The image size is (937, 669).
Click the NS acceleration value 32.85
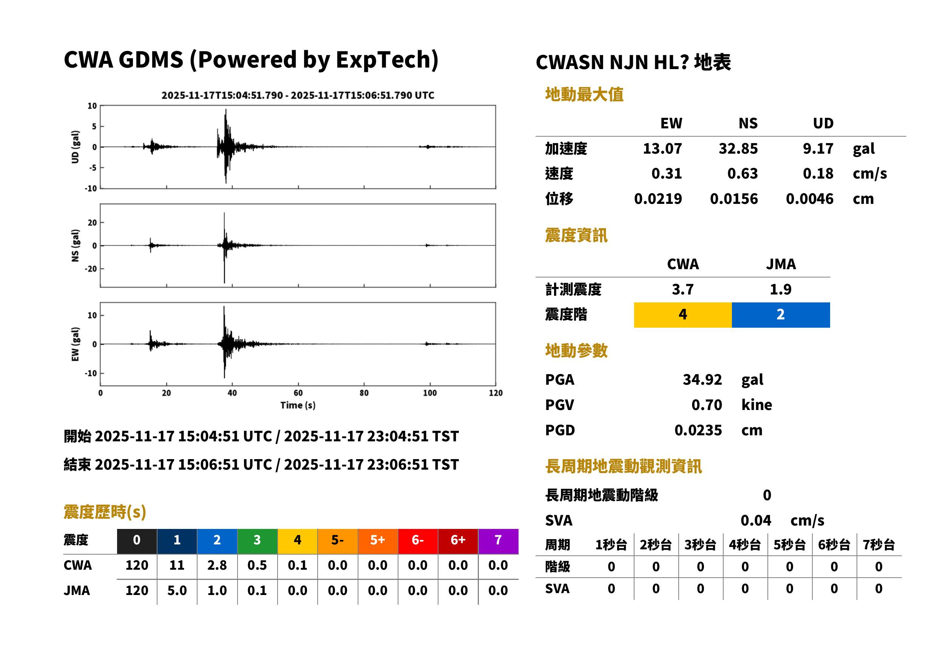point(738,149)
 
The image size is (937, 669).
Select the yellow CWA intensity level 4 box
point(683,315)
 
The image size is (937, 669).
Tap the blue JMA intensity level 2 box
point(781,315)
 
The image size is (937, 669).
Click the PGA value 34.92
point(702,379)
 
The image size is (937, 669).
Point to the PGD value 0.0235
point(698,430)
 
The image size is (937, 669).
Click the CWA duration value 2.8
point(217,565)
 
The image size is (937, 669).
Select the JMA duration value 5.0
point(177,590)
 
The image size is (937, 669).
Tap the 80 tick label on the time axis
point(364,393)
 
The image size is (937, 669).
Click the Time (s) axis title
point(298,405)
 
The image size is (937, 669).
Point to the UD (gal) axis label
point(75,147)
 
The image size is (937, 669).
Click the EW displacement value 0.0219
point(658,199)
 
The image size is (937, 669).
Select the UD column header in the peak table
point(823,123)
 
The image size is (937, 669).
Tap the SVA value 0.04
point(756,520)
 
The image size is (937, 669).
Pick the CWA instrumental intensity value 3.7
point(683,289)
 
